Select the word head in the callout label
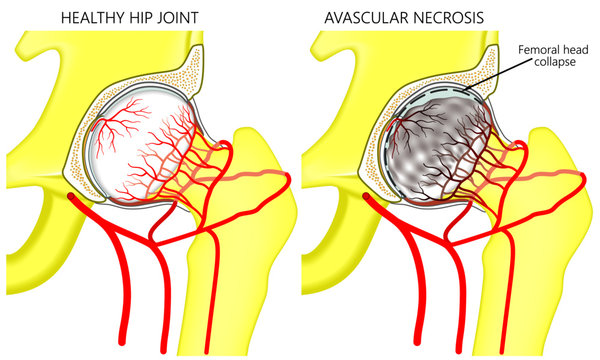tap(574, 48)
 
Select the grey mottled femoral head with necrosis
tap(435, 160)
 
